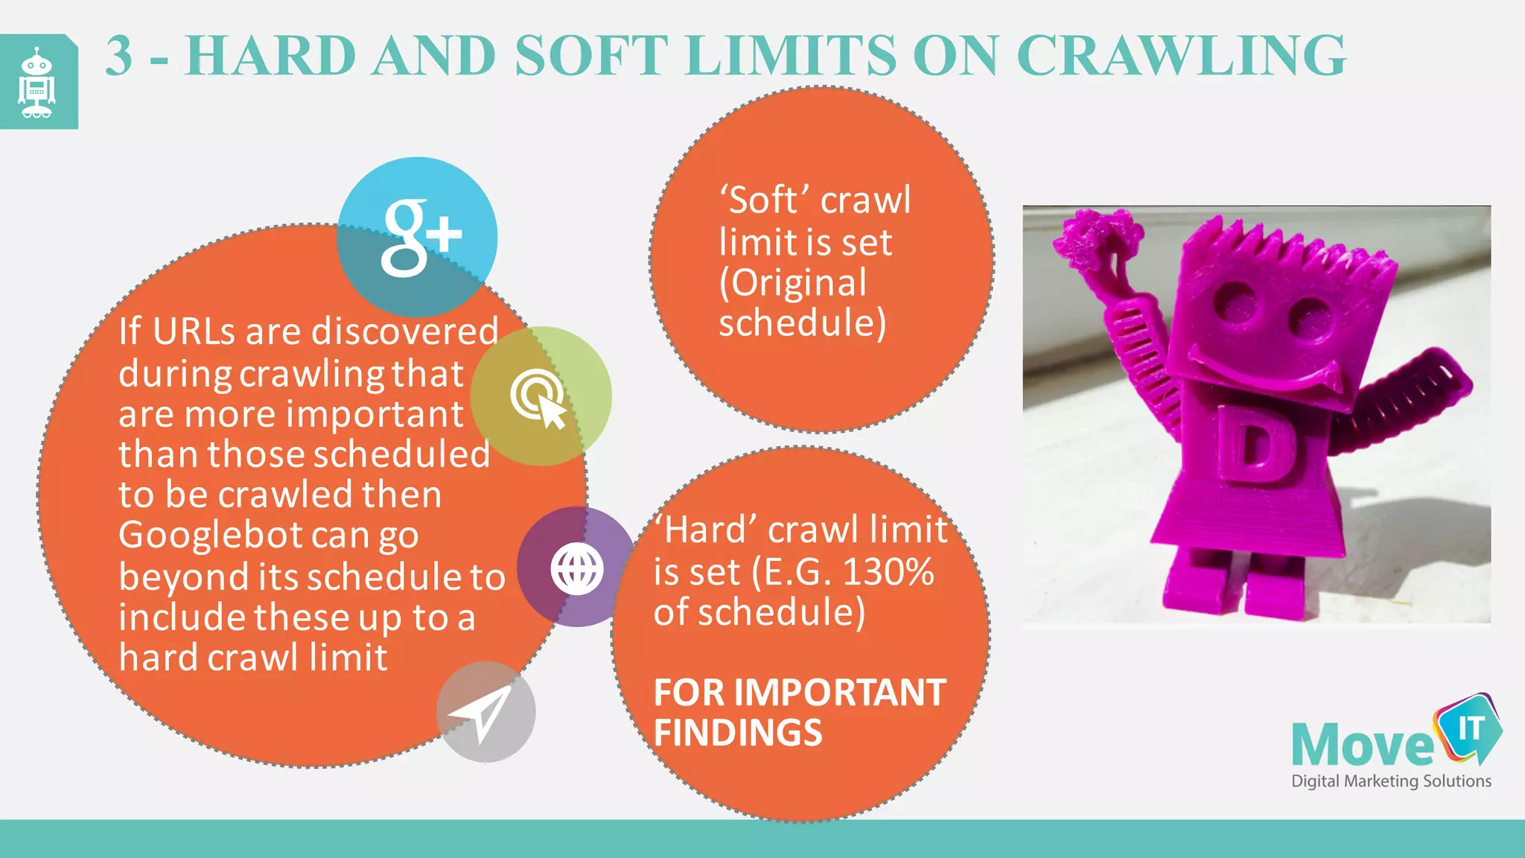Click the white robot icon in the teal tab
[36, 82]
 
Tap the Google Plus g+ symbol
[420, 238]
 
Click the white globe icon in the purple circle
[577, 568]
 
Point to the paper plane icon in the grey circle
[482, 713]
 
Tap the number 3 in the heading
[120, 55]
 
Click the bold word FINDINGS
[738, 733]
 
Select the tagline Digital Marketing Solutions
[1391, 781]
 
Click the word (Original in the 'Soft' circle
[792, 283]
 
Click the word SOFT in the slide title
[590, 55]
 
